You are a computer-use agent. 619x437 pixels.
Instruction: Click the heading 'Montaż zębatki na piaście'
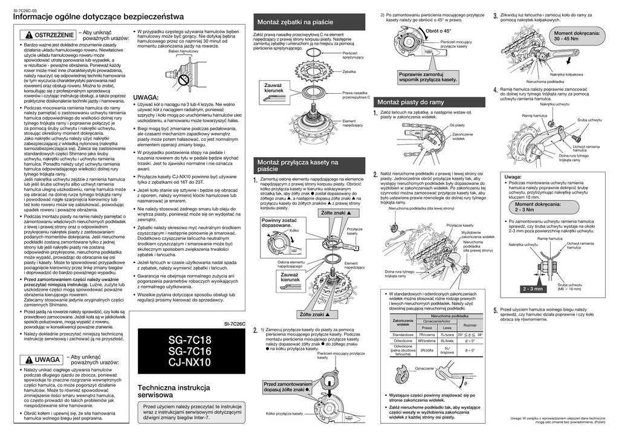(296, 22)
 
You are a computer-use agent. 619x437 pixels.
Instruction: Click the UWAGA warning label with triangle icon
(44, 360)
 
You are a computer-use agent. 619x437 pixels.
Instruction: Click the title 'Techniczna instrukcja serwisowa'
(175, 390)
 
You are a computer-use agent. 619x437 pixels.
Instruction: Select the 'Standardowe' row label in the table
(402, 334)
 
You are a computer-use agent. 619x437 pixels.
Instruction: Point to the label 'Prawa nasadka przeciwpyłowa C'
(355, 94)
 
